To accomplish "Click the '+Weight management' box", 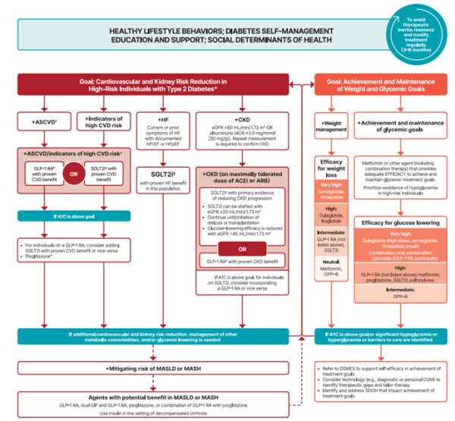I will pyautogui.click(x=334, y=125).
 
